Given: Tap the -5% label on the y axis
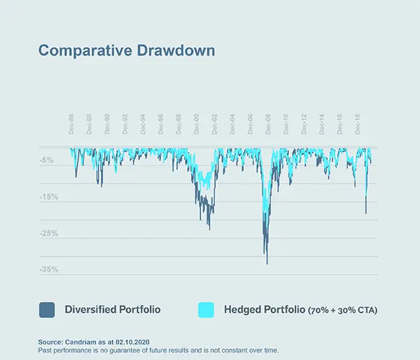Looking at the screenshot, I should (47, 160).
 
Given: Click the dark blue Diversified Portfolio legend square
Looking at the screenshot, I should (47, 310).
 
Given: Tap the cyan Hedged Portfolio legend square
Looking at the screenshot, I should (206, 310).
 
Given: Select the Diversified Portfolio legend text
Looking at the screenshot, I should (112, 310).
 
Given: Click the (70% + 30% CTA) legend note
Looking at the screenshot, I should (343, 311).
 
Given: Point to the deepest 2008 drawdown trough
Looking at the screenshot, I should (267, 263).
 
